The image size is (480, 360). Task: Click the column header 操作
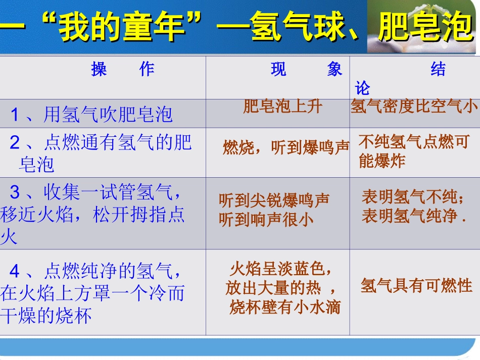tap(123, 70)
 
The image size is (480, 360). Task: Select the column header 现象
tap(306, 70)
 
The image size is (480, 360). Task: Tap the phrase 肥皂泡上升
tap(282, 107)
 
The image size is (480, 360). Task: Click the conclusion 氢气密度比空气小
tap(414, 107)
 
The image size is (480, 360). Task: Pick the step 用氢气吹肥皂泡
tap(108, 115)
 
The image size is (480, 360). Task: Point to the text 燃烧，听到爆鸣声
tap(286, 147)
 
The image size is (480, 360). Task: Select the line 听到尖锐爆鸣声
tap(274, 200)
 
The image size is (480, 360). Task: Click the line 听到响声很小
tap(266, 220)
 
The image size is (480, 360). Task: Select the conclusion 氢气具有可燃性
tap(416, 286)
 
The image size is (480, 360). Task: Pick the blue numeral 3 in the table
tap(15, 192)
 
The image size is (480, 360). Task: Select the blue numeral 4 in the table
tap(15, 272)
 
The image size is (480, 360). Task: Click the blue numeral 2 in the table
tap(15, 143)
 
